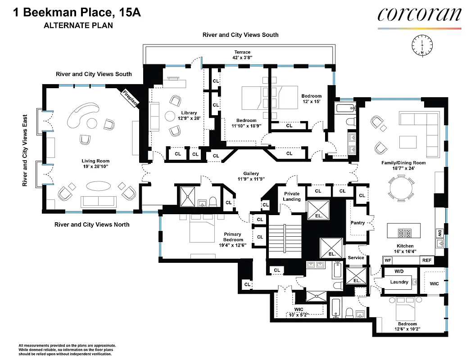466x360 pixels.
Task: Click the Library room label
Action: [x=189, y=113]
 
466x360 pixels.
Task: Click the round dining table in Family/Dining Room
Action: [x=401, y=189]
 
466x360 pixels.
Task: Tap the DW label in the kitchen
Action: [x=439, y=233]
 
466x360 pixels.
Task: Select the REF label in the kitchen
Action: [x=426, y=260]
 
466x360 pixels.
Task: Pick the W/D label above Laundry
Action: [x=399, y=271]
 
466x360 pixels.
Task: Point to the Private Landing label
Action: [x=291, y=196]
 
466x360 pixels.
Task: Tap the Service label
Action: [x=356, y=257]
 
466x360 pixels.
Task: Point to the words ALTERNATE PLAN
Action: [x=78, y=25]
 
